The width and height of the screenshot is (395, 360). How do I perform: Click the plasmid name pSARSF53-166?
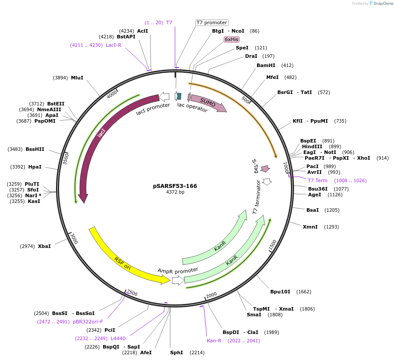click(175, 186)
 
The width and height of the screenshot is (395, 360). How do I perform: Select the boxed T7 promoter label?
click(212, 22)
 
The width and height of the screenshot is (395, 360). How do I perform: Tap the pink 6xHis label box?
click(231, 39)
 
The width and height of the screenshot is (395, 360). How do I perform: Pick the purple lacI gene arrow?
click(101, 132)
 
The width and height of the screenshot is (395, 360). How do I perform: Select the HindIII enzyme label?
click(312, 146)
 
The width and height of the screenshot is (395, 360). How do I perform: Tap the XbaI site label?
click(44, 246)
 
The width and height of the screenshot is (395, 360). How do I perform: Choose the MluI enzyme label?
click(77, 77)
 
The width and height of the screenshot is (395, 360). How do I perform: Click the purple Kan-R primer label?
click(214, 341)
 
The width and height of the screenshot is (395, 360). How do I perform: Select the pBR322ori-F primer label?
click(88, 322)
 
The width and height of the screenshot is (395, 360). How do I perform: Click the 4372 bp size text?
click(175, 192)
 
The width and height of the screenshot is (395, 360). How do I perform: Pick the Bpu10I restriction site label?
click(280, 292)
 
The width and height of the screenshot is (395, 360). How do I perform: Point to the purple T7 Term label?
click(317, 180)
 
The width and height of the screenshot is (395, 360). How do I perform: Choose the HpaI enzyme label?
click(35, 167)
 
